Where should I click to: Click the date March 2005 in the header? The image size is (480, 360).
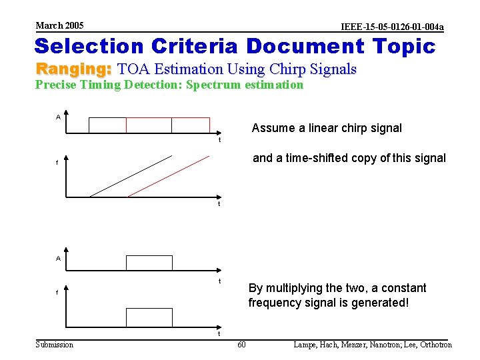[59, 25]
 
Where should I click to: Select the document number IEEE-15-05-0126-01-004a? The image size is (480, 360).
[391, 27]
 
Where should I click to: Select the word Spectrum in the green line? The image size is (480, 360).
[213, 85]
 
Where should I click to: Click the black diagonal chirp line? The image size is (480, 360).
[131, 176]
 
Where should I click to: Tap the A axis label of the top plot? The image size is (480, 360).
[58, 117]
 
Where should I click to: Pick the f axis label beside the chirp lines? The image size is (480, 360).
[57, 162]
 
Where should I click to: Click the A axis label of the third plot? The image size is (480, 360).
[58, 259]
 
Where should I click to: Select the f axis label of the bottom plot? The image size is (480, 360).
[57, 292]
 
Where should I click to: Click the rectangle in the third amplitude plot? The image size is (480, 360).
[149, 263]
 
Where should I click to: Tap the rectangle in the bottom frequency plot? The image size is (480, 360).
[149, 317]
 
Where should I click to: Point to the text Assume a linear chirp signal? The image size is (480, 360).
[327, 128]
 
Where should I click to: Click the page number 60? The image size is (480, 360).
[241, 345]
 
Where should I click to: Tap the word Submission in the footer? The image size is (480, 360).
[55, 345]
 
